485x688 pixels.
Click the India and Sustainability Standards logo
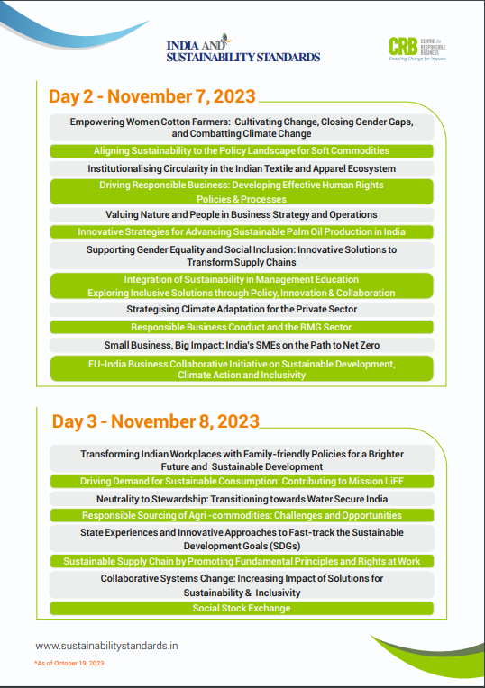pos(242,50)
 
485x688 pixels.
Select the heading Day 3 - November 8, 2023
pos(155,421)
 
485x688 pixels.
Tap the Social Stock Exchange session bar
pos(242,609)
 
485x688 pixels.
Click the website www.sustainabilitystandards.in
pos(106,646)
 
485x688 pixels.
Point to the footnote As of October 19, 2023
pos(70,663)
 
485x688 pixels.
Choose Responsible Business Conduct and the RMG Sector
pos(242,328)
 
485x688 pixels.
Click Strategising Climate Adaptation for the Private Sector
pos(242,309)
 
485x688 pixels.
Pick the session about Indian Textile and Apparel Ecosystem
pos(242,168)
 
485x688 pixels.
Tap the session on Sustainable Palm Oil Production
pos(242,232)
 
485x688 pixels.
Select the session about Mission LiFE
pos(242,482)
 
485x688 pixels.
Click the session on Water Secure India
pos(242,499)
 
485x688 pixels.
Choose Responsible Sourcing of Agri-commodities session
pos(242,516)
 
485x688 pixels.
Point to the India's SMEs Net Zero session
pos(242,345)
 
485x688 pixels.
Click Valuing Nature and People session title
pos(242,215)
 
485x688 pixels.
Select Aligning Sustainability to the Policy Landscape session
pos(242,151)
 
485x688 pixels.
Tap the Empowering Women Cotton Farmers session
pos(242,127)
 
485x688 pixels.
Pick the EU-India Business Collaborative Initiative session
pos(242,369)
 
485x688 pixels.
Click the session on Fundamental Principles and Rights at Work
pos(242,562)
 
